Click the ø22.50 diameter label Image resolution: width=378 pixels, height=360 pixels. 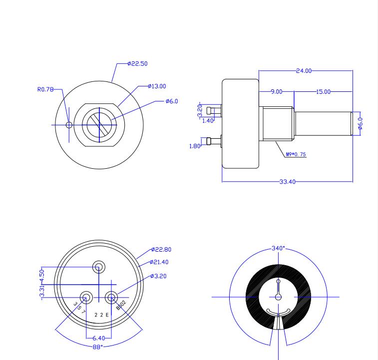(x=137, y=64)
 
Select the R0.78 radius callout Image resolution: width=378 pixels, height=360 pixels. (x=45, y=89)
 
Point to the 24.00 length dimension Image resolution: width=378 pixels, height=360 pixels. (x=304, y=71)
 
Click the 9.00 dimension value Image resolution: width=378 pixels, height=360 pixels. (x=277, y=92)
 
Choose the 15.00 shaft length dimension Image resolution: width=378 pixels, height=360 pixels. (x=323, y=92)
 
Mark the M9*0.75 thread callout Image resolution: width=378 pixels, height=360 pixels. (x=296, y=155)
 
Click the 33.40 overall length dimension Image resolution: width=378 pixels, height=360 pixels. (x=287, y=182)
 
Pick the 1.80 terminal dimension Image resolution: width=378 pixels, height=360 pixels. (x=195, y=146)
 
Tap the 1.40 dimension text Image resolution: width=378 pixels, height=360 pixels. (x=208, y=121)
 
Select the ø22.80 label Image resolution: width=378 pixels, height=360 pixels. (x=161, y=250)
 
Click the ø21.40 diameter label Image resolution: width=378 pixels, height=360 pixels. (x=159, y=262)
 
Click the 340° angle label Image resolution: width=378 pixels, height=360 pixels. (x=278, y=248)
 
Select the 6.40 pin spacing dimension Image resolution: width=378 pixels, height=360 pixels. (x=98, y=339)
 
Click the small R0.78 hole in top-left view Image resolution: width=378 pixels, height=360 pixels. (x=69, y=125)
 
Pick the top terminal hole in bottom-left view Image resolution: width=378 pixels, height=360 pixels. (x=99, y=267)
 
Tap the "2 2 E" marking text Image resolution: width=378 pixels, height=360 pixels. (x=101, y=315)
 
